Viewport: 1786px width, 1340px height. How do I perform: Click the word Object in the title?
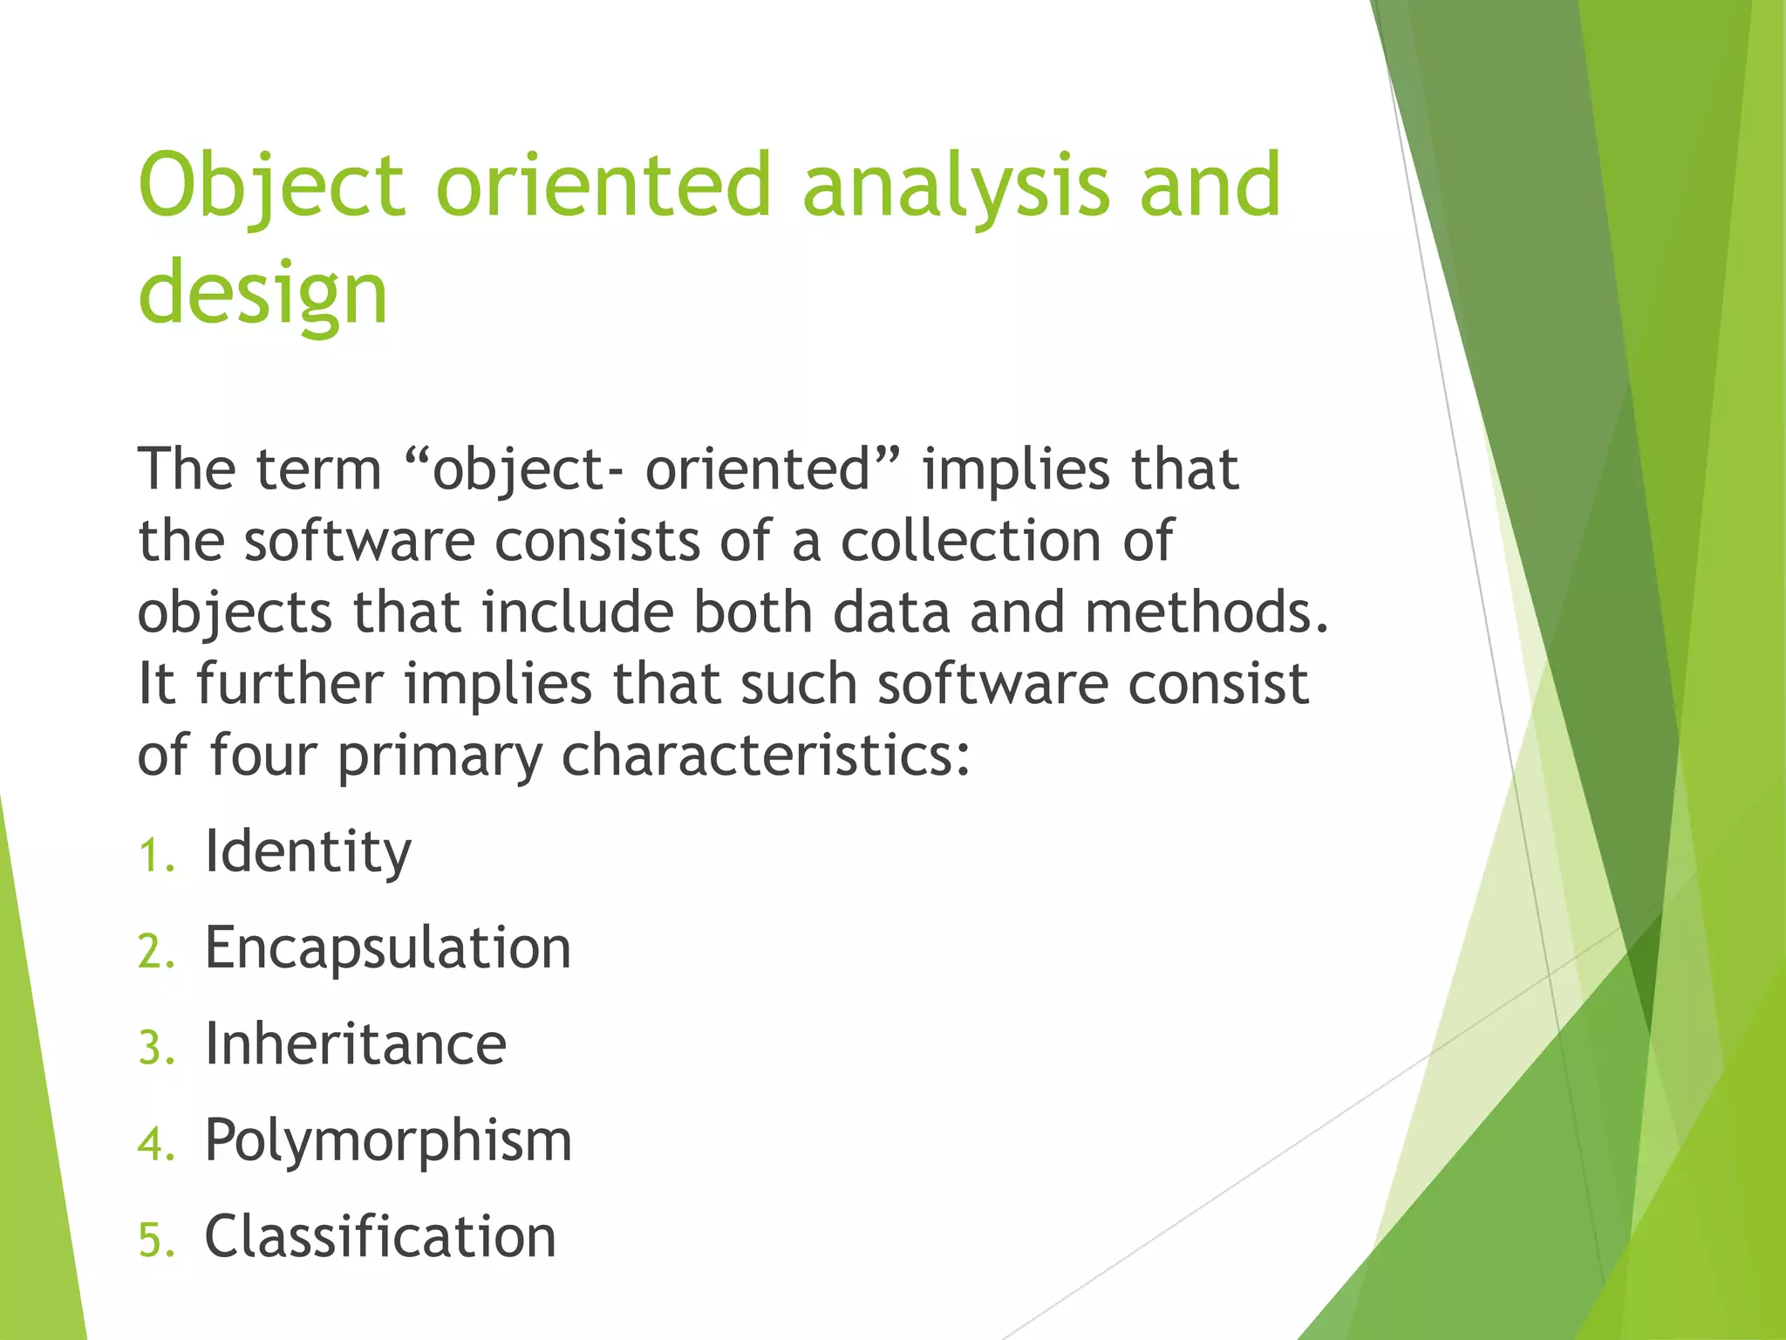[x=271, y=186]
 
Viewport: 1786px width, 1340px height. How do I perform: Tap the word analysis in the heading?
[x=956, y=186]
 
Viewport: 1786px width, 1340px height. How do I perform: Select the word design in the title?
[x=262, y=294]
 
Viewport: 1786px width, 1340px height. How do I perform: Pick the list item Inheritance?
[x=355, y=1044]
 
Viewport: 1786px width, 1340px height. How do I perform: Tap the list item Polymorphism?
[x=388, y=1140]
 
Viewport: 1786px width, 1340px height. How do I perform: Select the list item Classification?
[x=380, y=1237]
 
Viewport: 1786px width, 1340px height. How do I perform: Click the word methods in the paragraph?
[x=1207, y=612]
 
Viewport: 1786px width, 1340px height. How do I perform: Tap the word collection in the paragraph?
[x=971, y=541]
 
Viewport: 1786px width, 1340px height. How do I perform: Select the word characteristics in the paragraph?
[x=765, y=755]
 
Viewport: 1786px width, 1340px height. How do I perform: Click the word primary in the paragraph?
[x=440, y=755]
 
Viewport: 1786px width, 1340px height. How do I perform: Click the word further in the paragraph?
[x=290, y=684]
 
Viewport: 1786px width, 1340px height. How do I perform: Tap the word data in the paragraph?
[x=890, y=612]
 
